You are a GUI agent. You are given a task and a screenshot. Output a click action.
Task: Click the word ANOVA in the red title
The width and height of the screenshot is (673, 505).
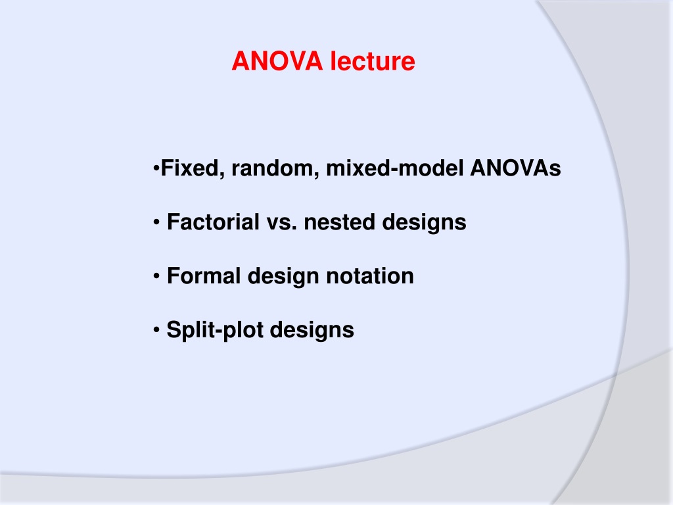[x=277, y=61]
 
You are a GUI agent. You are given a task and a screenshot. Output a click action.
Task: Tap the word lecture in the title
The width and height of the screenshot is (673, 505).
[x=373, y=61]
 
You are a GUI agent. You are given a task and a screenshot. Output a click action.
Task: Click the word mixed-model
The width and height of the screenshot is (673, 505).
[x=395, y=168]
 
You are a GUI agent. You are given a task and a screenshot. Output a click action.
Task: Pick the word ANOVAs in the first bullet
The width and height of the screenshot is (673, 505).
[x=515, y=168]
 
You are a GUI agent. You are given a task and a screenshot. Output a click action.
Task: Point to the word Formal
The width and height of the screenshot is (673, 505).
[x=204, y=276]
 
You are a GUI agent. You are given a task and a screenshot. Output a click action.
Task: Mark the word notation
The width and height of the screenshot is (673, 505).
[x=370, y=276]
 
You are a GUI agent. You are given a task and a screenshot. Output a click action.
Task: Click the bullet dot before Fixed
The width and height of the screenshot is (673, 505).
[x=156, y=168]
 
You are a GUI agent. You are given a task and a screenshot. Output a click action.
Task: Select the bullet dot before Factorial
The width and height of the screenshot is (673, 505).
[x=156, y=222]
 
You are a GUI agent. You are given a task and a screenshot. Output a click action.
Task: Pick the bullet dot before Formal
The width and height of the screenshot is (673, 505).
[x=156, y=276]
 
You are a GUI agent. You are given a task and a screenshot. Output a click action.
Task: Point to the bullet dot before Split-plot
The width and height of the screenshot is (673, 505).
[x=156, y=329]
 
